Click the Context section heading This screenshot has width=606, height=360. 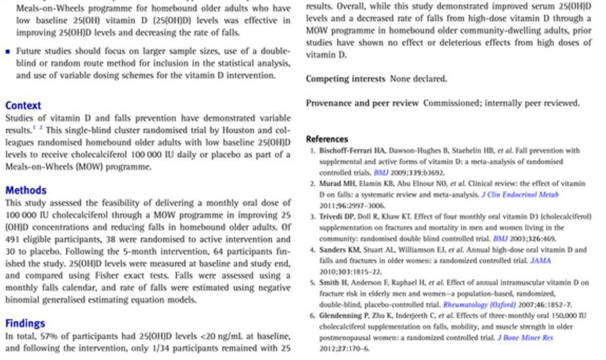[23, 105]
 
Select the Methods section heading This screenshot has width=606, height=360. [26, 190]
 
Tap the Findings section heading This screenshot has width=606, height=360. [25, 323]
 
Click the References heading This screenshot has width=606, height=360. [327, 139]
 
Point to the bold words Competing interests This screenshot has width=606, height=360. [346, 79]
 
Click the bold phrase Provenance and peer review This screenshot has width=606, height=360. [362, 103]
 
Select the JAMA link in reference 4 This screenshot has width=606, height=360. [541, 261]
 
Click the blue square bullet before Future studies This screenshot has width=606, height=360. [8, 51]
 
